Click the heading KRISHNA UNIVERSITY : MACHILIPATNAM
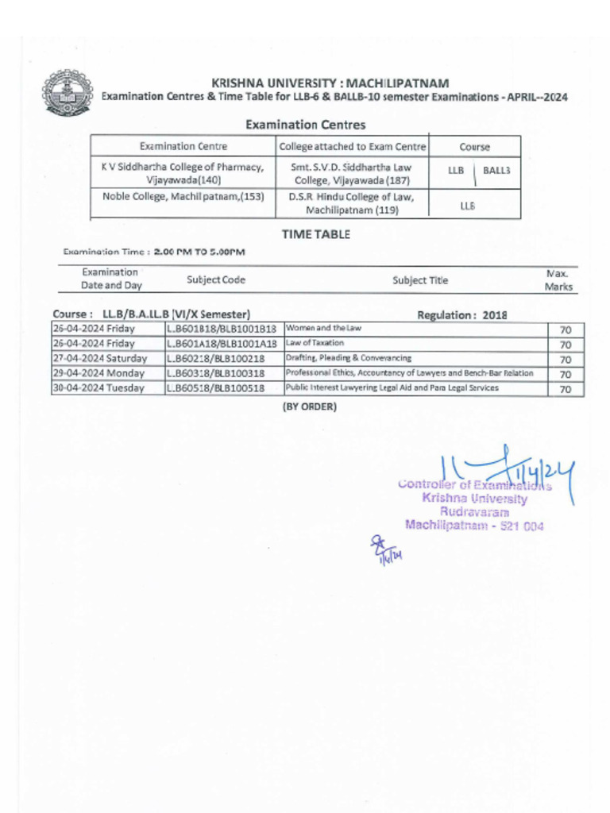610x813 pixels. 330,83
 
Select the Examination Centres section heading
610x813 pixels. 305,125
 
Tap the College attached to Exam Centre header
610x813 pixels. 353,147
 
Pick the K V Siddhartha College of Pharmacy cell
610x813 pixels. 183,174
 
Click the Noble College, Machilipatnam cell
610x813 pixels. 183,196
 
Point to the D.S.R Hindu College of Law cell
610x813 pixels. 352,203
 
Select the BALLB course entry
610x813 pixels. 496,171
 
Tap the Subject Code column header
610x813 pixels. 216,279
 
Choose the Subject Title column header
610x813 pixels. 420,280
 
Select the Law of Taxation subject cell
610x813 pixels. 315,343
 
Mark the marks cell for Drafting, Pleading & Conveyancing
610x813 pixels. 566,359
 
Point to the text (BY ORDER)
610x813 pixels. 310,407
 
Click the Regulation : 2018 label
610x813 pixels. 461,315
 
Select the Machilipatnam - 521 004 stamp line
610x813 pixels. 474,525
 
